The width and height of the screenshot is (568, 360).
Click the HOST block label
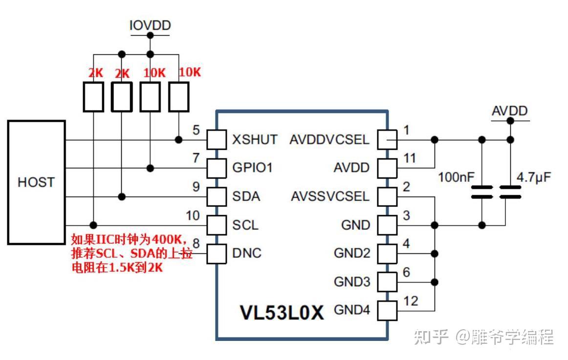tap(36, 182)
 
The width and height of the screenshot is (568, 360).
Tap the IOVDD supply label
tap(150, 25)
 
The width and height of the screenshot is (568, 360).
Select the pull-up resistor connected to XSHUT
tap(179, 96)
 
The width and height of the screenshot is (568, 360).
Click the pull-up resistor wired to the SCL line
tap(93, 96)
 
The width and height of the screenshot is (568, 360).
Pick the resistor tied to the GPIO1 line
tap(151, 96)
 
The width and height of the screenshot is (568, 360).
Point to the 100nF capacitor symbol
tap(482, 192)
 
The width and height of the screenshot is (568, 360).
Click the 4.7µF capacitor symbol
tap(510, 192)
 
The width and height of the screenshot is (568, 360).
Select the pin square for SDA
tap(216, 197)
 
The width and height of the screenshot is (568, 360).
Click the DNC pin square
tap(216, 253)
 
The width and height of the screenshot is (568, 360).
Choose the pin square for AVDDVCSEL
tap(388, 140)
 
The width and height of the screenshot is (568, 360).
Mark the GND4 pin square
tap(388, 310)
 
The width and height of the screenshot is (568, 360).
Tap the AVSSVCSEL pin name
tap(330, 197)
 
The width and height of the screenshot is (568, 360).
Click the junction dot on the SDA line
tap(122, 197)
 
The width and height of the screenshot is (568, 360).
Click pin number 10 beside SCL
tap(193, 215)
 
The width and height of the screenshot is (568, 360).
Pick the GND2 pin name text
tap(352, 253)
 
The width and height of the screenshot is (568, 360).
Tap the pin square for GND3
tap(388, 282)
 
